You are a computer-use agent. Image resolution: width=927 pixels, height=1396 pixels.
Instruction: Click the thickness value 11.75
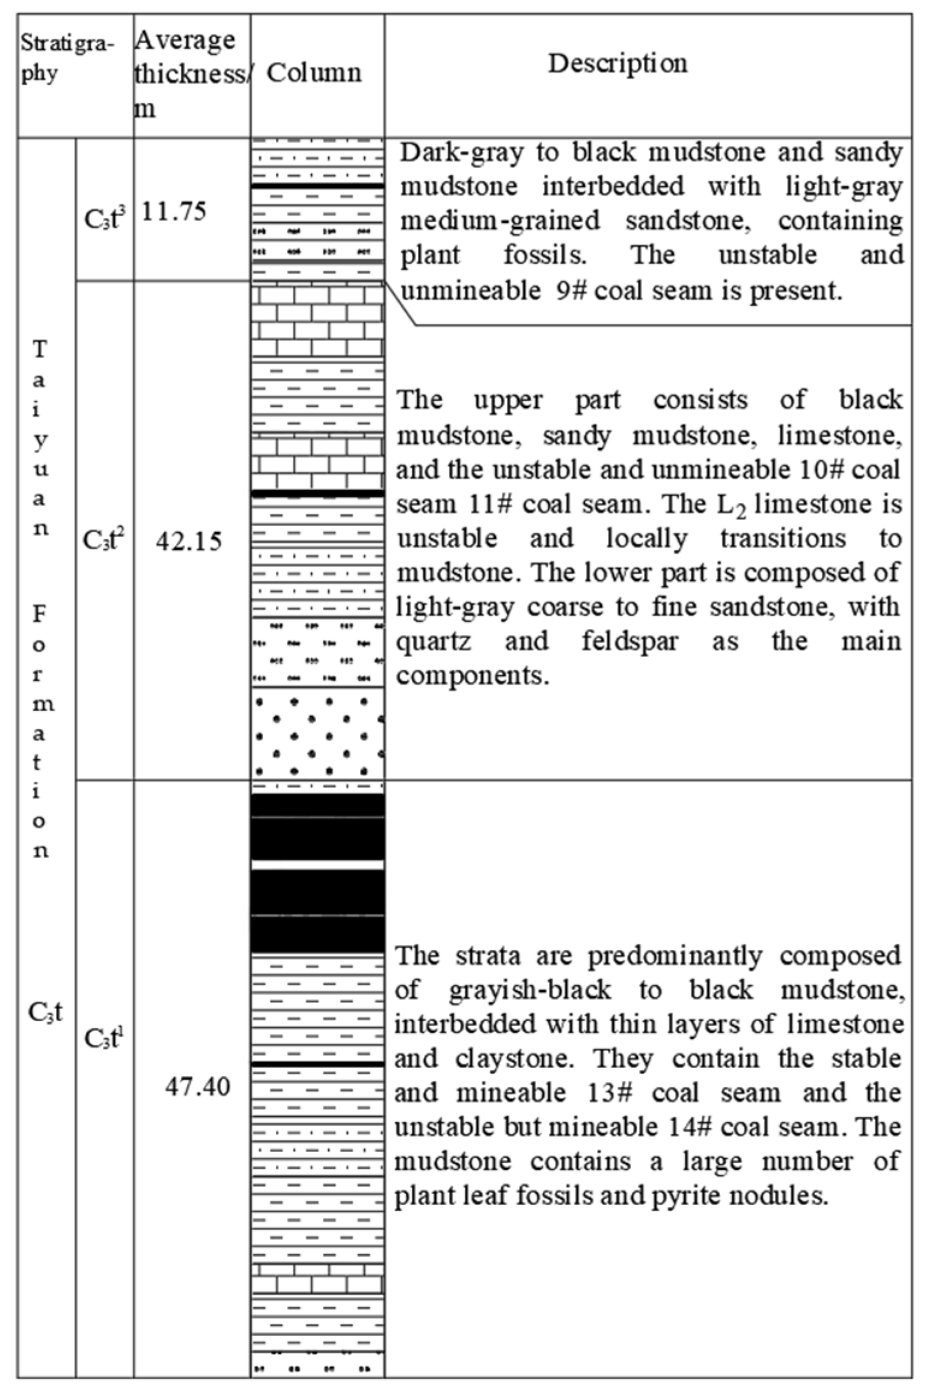pos(174,212)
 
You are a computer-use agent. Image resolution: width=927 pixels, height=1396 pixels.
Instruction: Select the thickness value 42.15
pos(188,542)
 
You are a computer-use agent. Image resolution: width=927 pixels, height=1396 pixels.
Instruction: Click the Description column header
pos(617,64)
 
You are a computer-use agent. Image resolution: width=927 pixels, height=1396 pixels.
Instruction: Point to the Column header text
pos(314,73)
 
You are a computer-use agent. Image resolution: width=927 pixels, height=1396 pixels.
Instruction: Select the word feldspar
pos(629,642)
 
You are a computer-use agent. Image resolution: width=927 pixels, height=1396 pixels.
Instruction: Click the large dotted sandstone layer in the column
pos(317,734)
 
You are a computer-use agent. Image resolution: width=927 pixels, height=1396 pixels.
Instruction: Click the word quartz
pos(433,642)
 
